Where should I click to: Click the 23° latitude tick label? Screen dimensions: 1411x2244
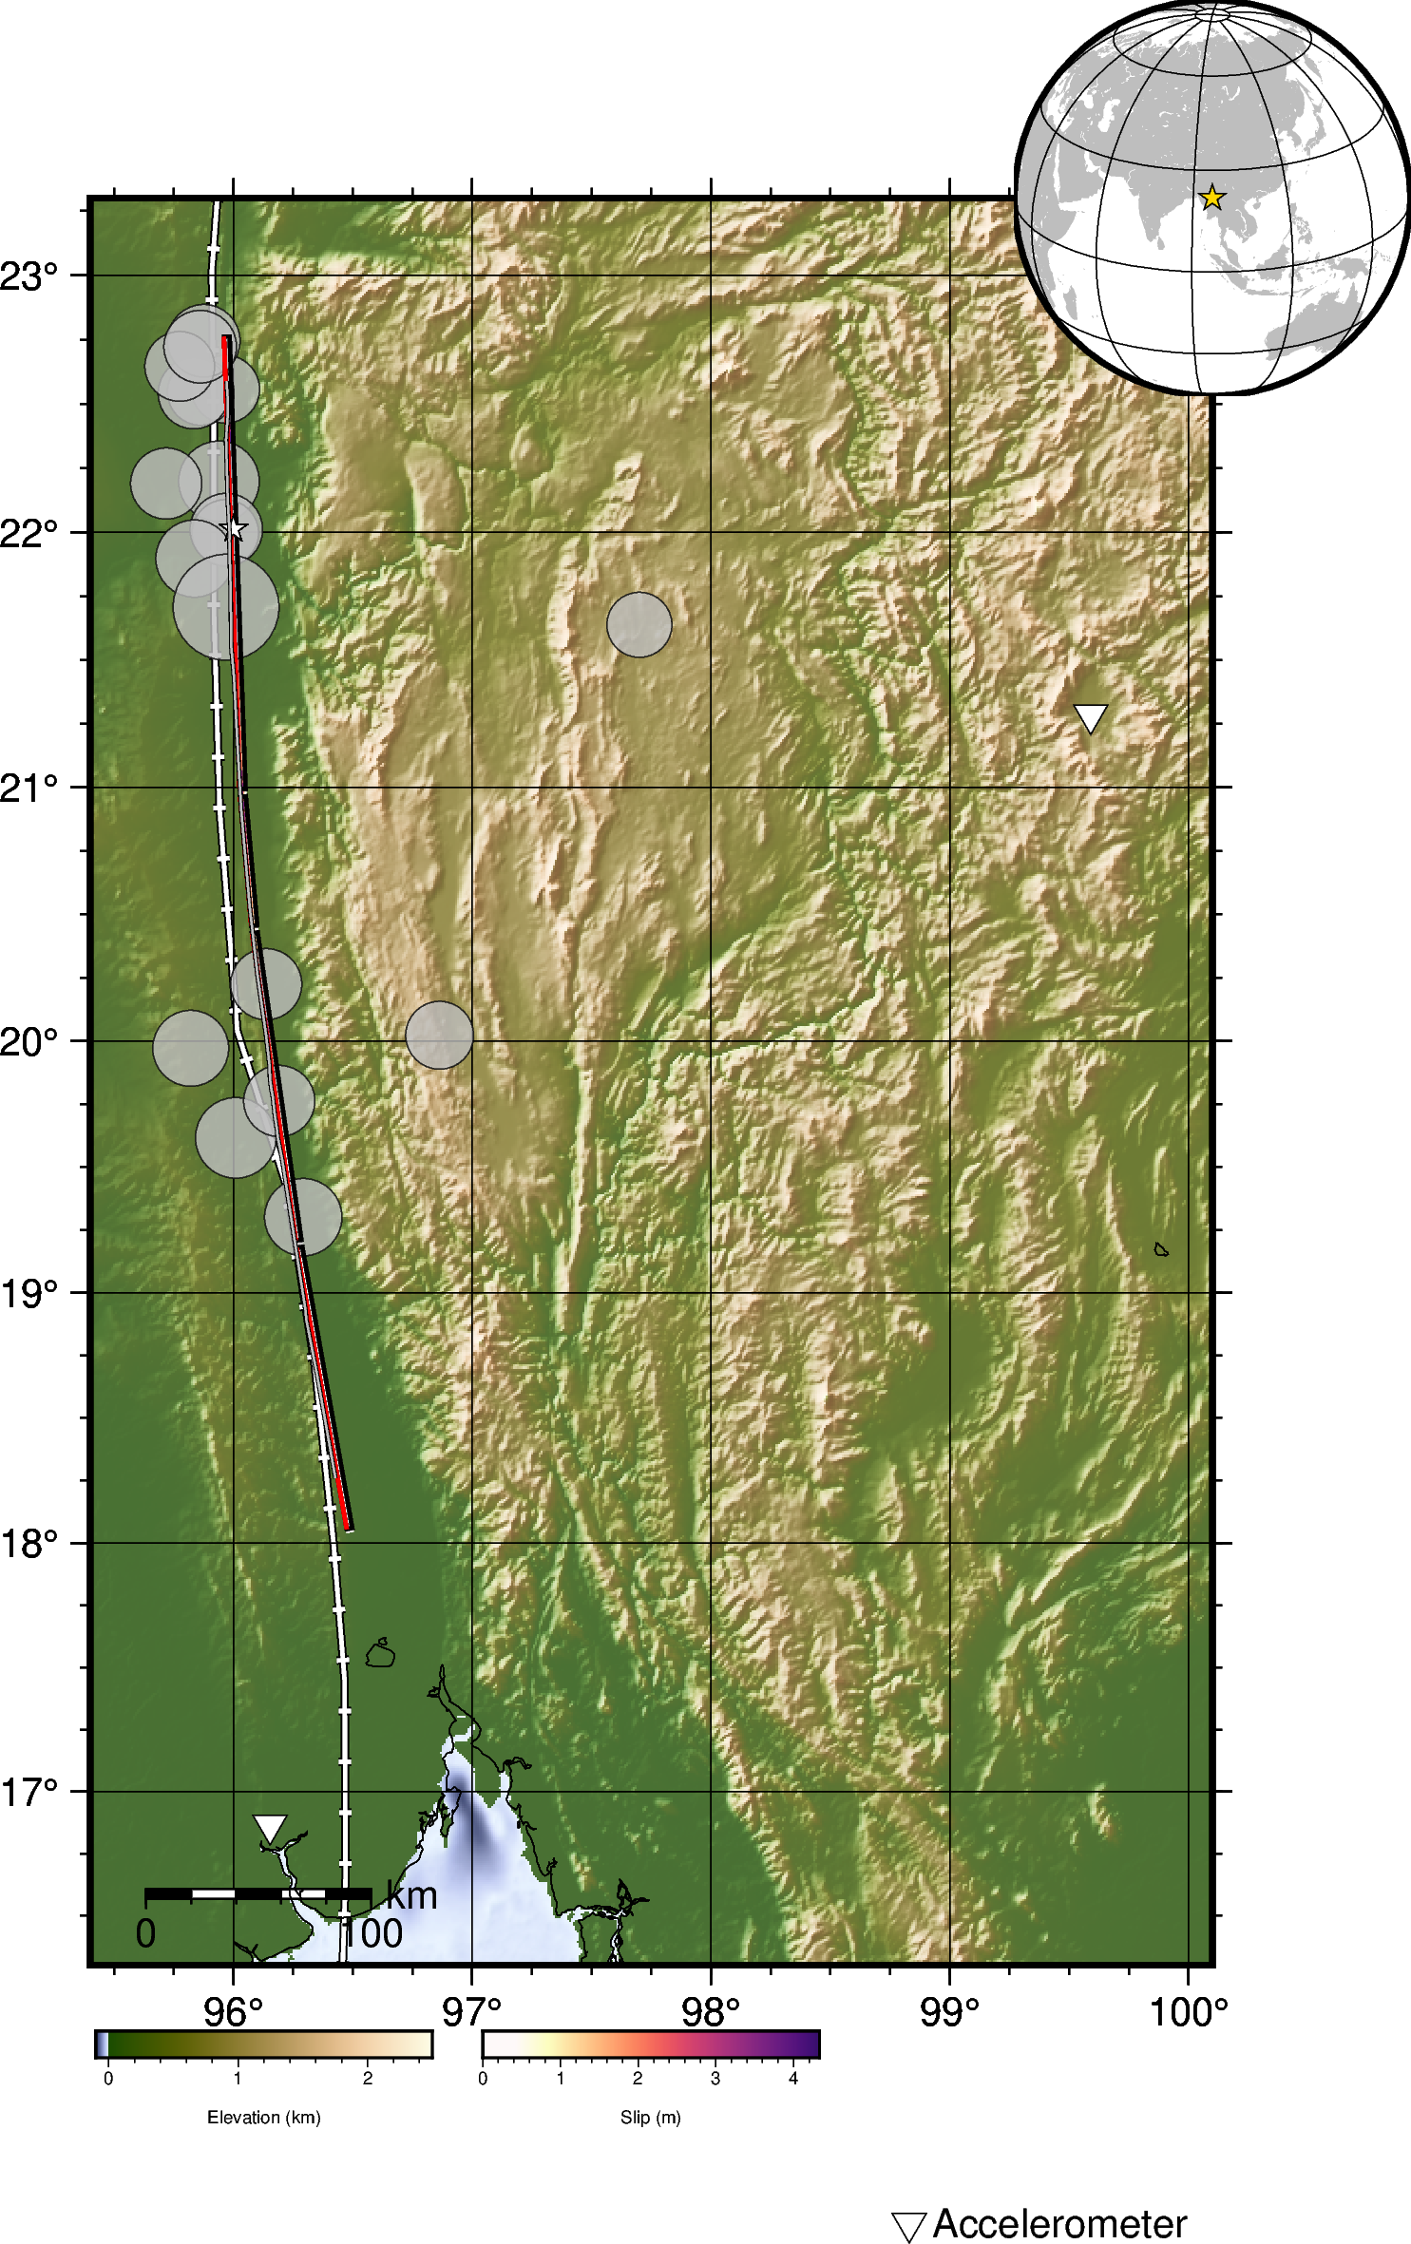pos(29,276)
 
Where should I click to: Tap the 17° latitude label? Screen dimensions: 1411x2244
pos(29,1793)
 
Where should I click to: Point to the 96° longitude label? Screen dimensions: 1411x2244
pos(233,2012)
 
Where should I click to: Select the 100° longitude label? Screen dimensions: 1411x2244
pos(1189,2012)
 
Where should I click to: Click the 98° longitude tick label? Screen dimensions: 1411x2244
pos(711,2012)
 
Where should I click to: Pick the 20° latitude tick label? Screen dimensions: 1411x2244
pos(29,1042)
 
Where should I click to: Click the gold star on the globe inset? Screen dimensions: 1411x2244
pos(1211,198)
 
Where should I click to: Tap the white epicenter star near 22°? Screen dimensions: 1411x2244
pos(234,529)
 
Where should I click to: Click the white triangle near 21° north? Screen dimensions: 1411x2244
pos(1090,717)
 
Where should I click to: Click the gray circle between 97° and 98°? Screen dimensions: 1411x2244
pos(639,624)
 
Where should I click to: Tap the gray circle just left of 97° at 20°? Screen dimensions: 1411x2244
pos(439,1035)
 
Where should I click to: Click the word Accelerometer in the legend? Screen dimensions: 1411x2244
pos(1059,2224)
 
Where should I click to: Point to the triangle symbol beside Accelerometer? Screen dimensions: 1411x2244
pos(908,2226)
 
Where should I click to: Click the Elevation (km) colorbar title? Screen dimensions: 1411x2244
pos(264,2118)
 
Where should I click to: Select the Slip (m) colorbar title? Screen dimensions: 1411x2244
pos(651,2118)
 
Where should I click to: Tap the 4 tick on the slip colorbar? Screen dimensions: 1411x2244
pos(793,2079)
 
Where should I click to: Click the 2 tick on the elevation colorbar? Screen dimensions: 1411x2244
pos(368,2079)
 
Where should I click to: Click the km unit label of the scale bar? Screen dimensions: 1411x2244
pos(411,1896)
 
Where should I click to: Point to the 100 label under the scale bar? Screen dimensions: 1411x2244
pos(372,1933)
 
